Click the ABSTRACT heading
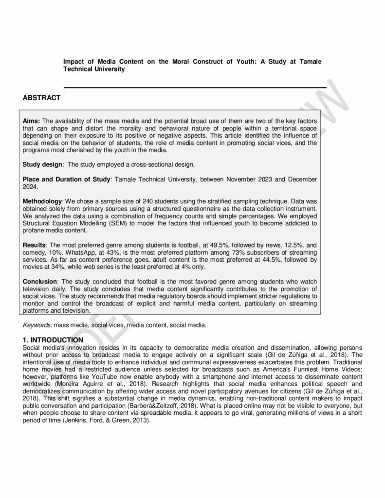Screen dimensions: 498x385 [41, 98]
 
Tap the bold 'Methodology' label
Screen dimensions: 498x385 [42, 201]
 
